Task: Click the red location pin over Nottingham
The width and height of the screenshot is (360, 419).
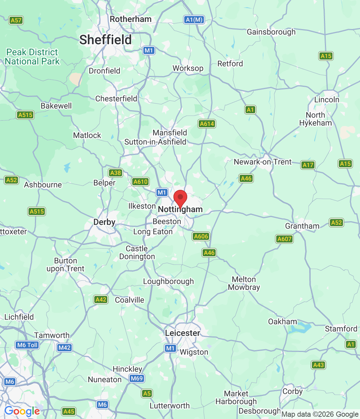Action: pyautogui.click(x=180, y=198)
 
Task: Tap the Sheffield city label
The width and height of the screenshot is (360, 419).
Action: pyautogui.click(x=105, y=40)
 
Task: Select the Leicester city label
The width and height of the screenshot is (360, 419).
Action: pyautogui.click(x=182, y=333)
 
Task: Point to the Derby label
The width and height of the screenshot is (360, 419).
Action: pyautogui.click(x=104, y=222)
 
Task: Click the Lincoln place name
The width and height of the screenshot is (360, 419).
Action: pyautogui.click(x=327, y=100)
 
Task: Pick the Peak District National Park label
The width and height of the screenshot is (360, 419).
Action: pyautogui.click(x=32, y=57)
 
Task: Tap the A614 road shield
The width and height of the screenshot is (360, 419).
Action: pyautogui.click(x=207, y=124)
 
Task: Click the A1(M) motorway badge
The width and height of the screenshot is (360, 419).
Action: pyautogui.click(x=194, y=20)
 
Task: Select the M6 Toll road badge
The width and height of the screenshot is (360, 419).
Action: pyautogui.click(x=27, y=345)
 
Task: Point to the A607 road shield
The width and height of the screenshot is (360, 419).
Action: pyautogui.click(x=284, y=239)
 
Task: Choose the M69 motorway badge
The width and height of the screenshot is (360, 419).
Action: pyautogui.click(x=136, y=379)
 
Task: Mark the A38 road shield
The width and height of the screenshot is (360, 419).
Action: pyautogui.click(x=116, y=173)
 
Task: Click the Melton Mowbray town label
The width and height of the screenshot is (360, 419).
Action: pyautogui.click(x=244, y=283)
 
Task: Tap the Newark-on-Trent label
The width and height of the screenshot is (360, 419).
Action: pyautogui.click(x=262, y=162)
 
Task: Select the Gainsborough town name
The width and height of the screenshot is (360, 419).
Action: pyautogui.click(x=271, y=32)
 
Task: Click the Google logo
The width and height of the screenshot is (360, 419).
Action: pyautogui.click(x=22, y=411)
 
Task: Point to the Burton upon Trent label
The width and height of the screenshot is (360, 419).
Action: pyautogui.click(x=65, y=265)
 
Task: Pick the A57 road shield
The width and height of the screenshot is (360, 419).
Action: pyautogui.click(x=16, y=20)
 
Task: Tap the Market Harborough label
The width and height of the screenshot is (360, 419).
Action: pyautogui.click(x=236, y=397)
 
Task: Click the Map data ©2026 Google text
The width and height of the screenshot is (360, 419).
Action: pyautogui.click(x=320, y=414)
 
